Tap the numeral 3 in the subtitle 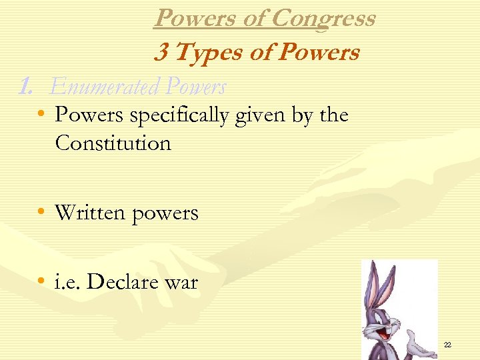coord(160,52)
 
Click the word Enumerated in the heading coord(105,87)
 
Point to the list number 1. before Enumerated coord(27,87)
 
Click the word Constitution coord(113,143)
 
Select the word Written coord(89,213)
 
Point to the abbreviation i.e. coord(68,282)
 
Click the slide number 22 coord(447,345)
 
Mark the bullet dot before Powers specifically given coord(41,115)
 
